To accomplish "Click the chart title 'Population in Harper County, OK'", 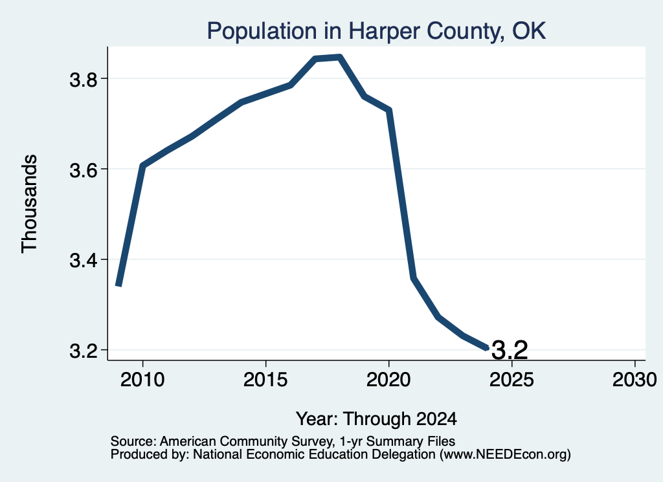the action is pyautogui.click(x=376, y=31).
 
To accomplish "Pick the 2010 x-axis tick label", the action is pyautogui.click(x=142, y=380).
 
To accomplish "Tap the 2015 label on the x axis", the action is pyautogui.click(x=265, y=380).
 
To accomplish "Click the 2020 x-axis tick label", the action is pyautogui.click(x=388, y=380).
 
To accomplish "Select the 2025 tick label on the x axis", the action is pyautogui.click(x=511, y=380).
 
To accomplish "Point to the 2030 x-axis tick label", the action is pyautogui.click(x=635, y=380).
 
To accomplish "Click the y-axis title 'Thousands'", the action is pyautogui.click(x=30, y=204).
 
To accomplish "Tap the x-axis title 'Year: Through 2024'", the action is pyautogui.click(x=376, y=419).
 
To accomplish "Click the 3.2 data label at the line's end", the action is pyautogui.click(x=510, y=350).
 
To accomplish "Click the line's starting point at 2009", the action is pyautogui.click(x=119, y=285).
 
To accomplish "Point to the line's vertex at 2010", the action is pyautogui.click(x=143, y=166).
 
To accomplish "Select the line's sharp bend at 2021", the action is pyautogui.click(x=414, y=278).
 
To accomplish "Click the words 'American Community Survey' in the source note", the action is pyautogui.click(x=245, y=441).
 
